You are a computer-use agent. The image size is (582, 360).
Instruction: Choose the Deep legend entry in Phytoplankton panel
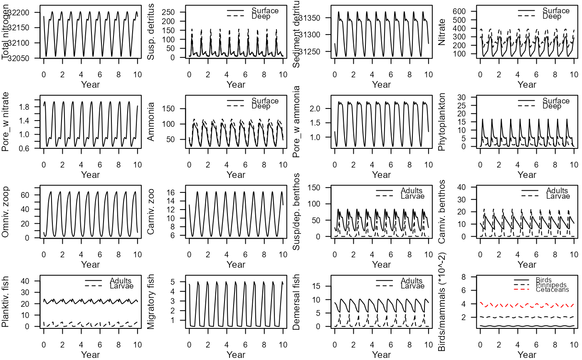click(552, 106)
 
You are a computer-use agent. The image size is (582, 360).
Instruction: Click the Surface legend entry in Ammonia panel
click(265, 101)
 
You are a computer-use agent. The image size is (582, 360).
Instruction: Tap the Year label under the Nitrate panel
click(527, 85)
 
